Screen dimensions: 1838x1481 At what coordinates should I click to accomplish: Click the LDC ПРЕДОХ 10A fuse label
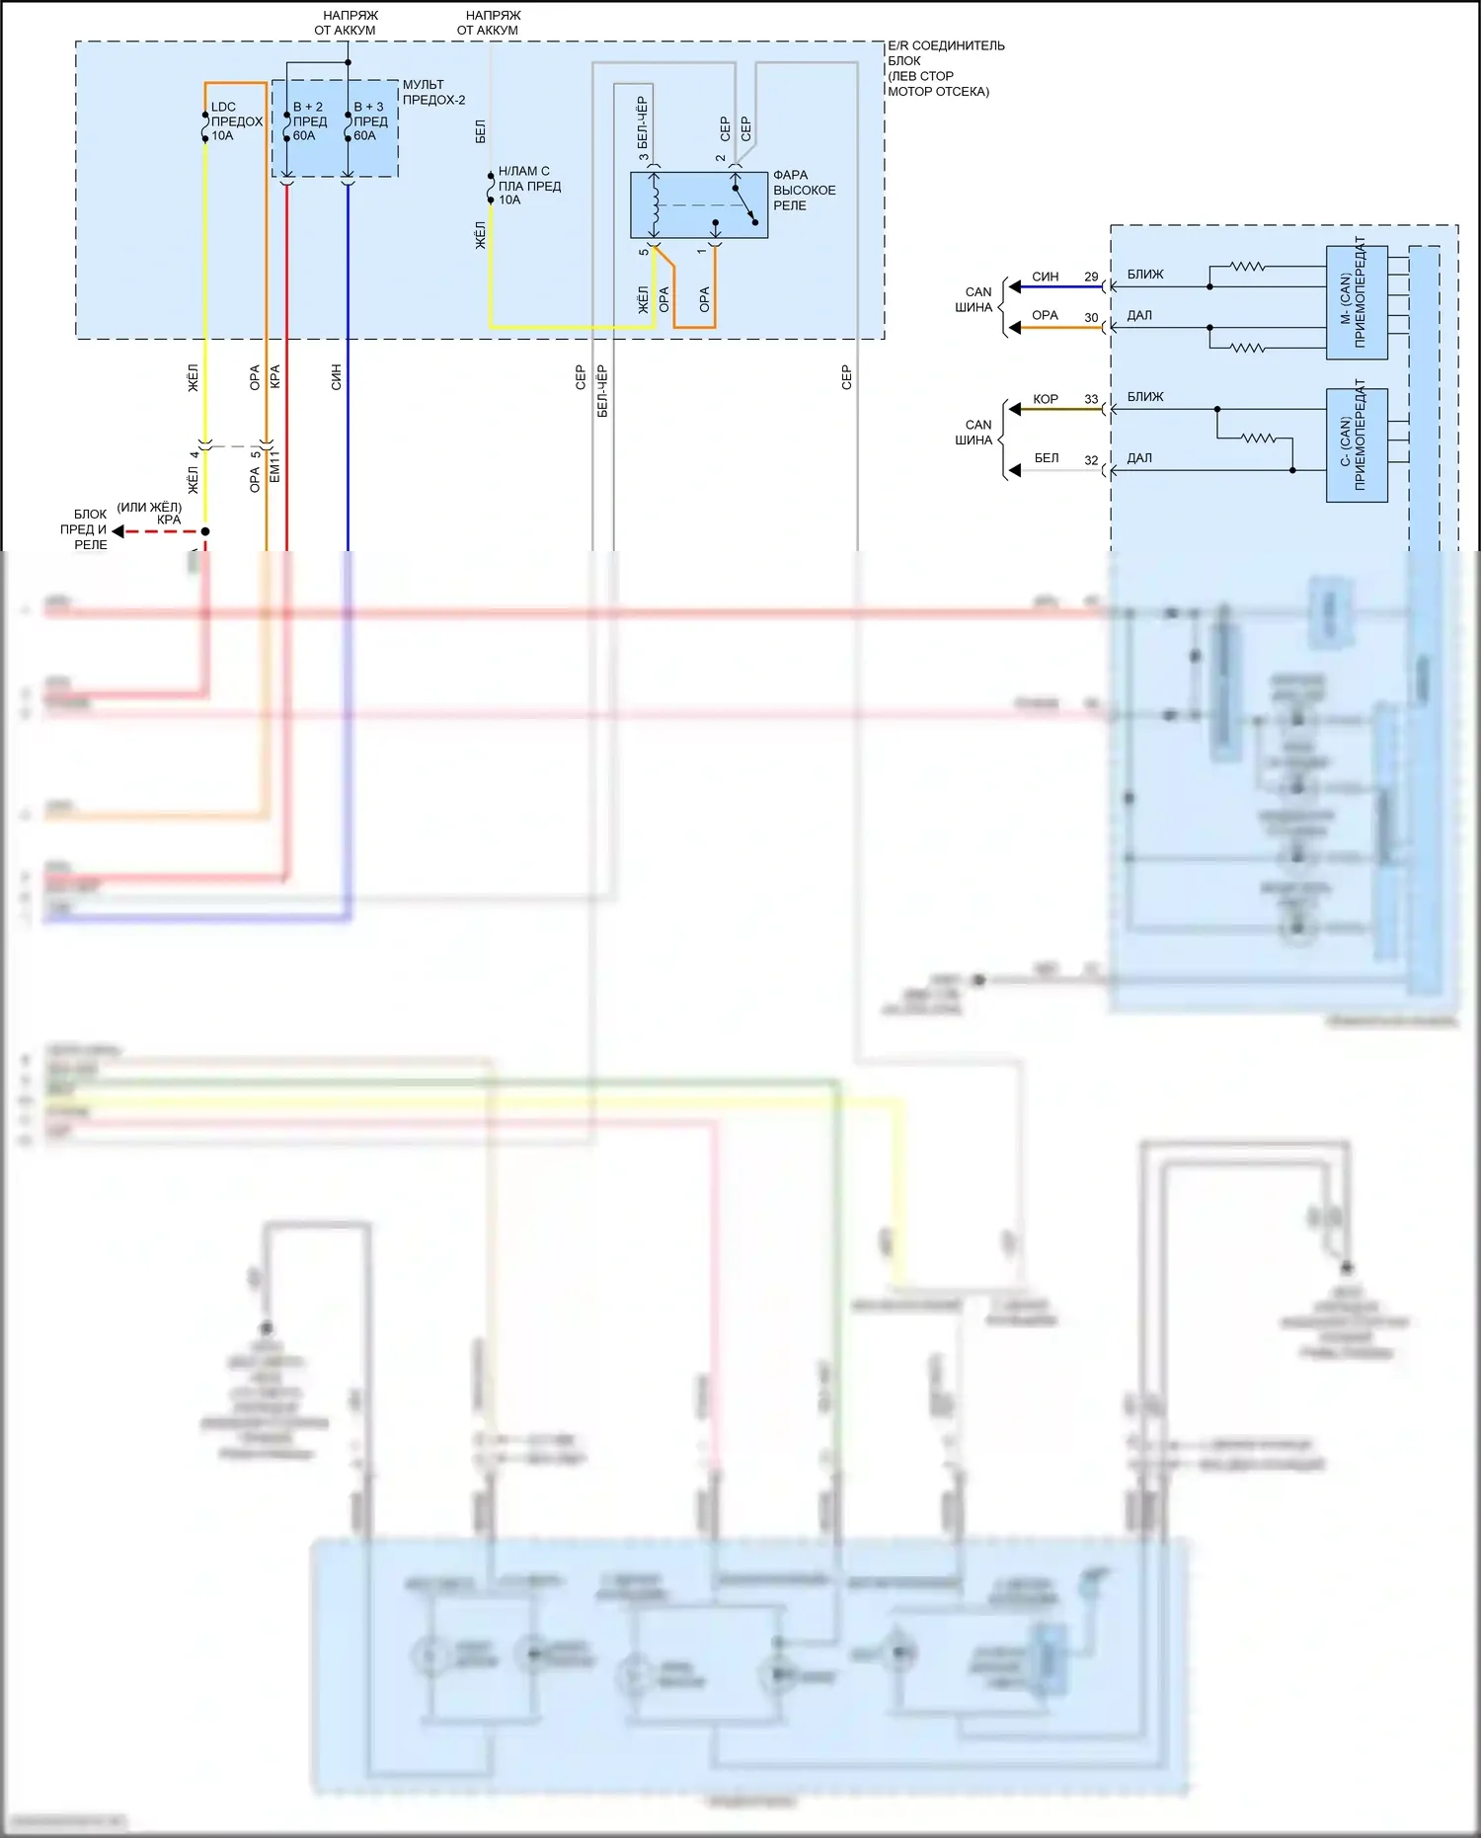[236, 121]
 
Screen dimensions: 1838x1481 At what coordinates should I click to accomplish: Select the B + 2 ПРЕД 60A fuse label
[308, 121]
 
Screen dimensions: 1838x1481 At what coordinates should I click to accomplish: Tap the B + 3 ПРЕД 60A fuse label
[369, 121]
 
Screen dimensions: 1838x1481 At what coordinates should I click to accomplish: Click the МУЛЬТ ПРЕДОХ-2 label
[433, 92]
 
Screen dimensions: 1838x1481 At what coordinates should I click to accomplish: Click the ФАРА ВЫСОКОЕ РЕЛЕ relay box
[698, 204]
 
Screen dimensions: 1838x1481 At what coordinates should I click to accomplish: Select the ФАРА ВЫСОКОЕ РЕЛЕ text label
[804, 190]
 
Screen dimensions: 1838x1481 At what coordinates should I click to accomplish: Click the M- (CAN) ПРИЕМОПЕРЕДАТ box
[1357, 302]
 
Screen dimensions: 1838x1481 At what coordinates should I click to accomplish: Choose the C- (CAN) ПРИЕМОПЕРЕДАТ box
[1357, 445]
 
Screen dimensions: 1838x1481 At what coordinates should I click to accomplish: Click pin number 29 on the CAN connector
[1091, 278]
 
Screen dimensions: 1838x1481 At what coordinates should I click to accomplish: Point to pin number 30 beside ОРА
[1091, 318]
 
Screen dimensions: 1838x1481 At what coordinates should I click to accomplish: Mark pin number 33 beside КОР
[1091, 400]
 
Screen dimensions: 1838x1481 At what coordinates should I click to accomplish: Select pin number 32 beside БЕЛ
[1091, 460]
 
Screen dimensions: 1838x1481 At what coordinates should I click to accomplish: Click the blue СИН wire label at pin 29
[1046, 278]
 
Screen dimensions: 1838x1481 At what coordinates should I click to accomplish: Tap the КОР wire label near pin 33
[1046, 400]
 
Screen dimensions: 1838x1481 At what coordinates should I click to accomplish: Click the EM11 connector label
[275, 466]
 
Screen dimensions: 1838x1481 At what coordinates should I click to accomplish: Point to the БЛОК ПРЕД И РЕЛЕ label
[89, 529]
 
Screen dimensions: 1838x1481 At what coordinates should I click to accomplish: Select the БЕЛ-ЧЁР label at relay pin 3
[643, 128]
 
